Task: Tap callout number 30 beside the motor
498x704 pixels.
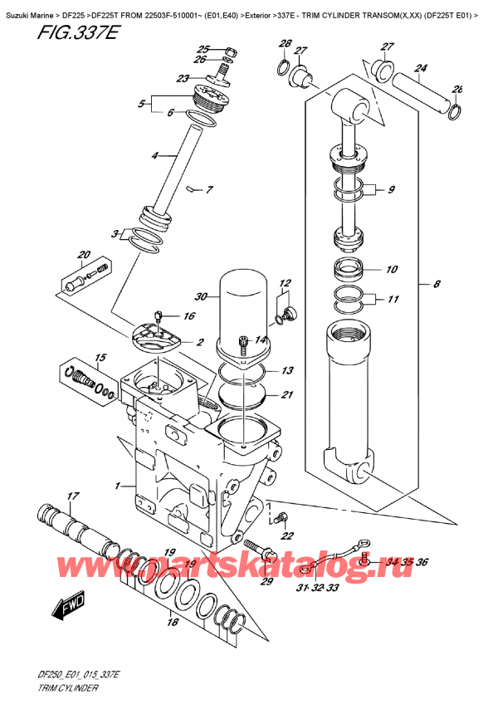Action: click(x=200, y=297)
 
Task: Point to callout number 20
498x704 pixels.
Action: click(x=83, y=255)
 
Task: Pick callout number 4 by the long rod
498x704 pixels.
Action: click(x=154, y=155)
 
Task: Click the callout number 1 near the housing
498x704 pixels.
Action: click(x=120, y=486)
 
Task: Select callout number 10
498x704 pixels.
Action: click(x=392, y=269)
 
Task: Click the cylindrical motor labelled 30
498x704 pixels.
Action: click(x=246, y=311)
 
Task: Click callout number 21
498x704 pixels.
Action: click(x=286, y=394)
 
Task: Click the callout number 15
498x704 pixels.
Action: click(x=101, y=358)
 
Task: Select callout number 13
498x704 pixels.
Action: click(x=286, y=370)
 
